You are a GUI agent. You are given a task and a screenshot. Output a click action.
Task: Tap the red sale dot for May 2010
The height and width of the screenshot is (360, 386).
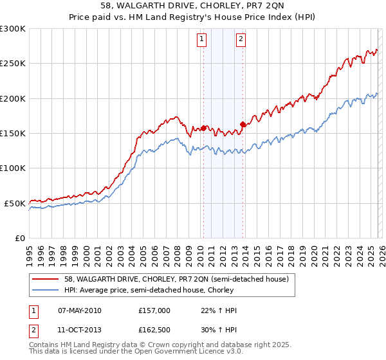coord(203,128)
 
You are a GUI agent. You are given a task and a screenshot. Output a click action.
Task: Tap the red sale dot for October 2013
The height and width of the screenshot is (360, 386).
coord(243,124)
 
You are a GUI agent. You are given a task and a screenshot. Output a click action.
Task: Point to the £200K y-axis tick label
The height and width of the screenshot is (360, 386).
coord(13,98)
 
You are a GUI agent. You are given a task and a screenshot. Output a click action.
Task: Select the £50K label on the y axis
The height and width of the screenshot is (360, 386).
coord(15,203)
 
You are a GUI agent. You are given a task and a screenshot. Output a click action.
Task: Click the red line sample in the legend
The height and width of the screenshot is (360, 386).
coord(45,280)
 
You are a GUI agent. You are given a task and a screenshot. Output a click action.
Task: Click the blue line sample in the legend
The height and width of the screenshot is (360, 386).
coord(45,291)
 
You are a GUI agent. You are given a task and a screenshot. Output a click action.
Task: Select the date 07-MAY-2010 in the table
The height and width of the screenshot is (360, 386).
coord(79,310)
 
